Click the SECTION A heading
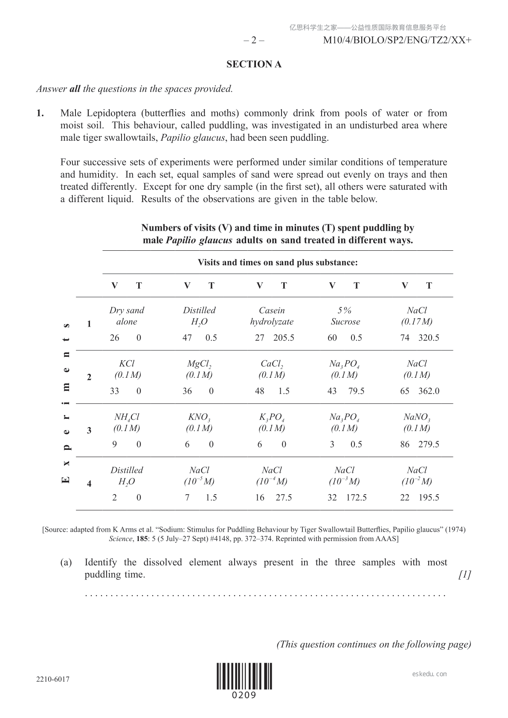click(254, 64)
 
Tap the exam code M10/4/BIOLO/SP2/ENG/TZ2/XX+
click(397, 41)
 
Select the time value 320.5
click(429, 338)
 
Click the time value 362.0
click(429, 391)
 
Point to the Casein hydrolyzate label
click(272, 316)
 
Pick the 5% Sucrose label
click(345, 316)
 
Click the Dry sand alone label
click(127, 316)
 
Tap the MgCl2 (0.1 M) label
click(199, 369)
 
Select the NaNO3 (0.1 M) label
click(417, 423)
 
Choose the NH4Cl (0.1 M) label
click(127, 423)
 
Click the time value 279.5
click(429, 444)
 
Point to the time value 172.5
click(356, 498)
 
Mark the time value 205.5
click(284, 338)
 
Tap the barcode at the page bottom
click(244, 676)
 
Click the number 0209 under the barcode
click(244, 695)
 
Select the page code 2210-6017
click(53, 679)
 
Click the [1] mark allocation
click(464, 575)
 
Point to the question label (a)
click(66, 562)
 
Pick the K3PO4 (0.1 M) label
click(272, 423)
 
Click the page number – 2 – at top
click(254, 41)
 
